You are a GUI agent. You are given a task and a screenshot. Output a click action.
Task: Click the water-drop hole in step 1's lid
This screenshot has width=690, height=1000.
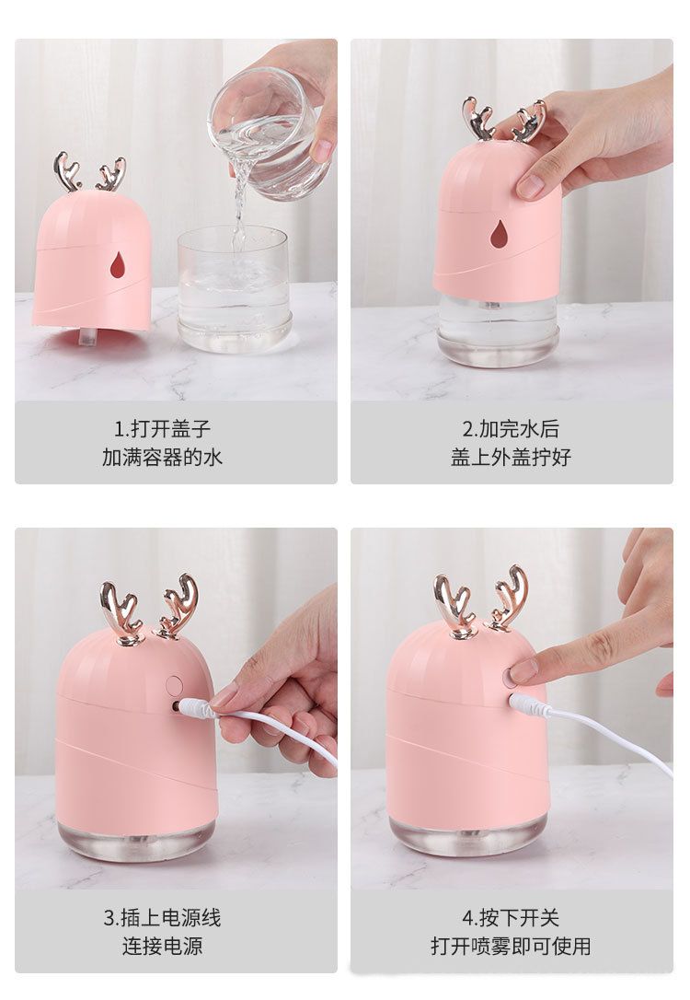pos(118,265)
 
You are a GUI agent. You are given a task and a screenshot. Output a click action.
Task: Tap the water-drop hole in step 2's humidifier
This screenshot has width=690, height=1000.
pos(499,235)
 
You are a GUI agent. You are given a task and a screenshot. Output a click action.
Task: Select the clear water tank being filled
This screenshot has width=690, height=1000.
pos(233,288)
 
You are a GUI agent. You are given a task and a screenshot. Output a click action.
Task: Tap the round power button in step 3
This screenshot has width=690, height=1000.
pos(174,686)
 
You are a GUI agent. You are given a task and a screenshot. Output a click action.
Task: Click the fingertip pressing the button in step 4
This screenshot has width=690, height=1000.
pos(523,671)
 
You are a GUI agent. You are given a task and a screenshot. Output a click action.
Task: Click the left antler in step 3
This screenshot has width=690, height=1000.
pos(121,613)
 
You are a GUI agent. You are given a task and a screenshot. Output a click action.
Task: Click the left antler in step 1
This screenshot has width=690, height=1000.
pos(67,172)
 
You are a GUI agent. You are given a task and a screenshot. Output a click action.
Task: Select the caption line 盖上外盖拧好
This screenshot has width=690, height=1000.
pos(511,458)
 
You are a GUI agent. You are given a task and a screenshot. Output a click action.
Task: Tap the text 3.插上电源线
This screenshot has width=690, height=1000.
pos(163,918)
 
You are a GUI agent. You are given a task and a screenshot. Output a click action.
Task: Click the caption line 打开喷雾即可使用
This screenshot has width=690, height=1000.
pos(511,946)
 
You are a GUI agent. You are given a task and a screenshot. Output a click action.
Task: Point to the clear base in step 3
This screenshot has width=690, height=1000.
pos(137,839)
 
